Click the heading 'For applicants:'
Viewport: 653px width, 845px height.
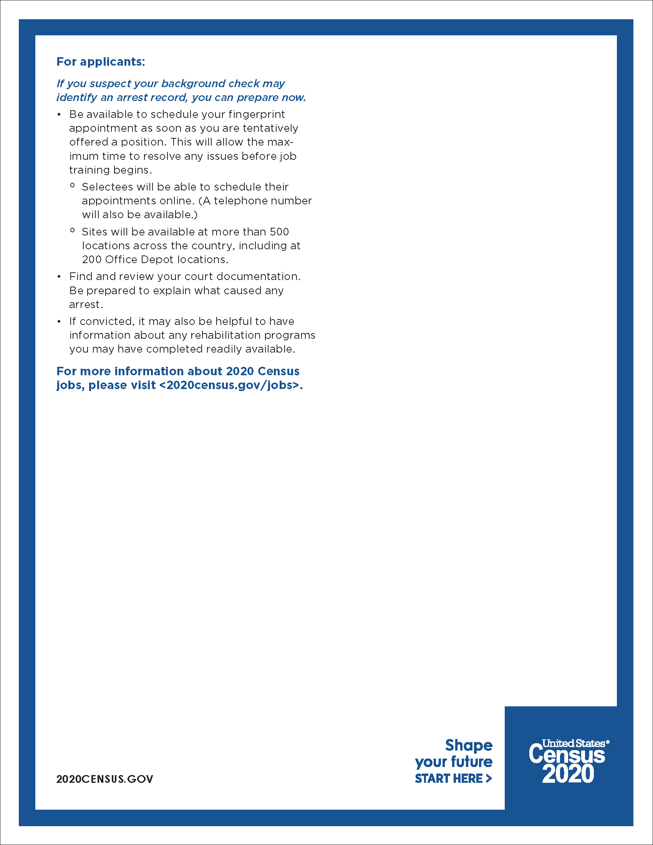click(x=101, y=62)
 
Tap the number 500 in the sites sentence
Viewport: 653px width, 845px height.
click(x=279, y=232)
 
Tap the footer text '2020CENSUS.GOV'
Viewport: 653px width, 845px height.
click(x=104, y=779)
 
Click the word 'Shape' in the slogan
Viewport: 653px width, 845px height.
click(x=469, y=745)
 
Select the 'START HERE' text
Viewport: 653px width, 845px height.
click(x=449, y=779)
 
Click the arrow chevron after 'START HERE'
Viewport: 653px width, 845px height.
click(x=489, y=779)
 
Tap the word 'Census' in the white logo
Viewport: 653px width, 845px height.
click(x=567, y=755)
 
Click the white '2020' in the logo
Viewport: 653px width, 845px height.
click(x=567, y=774)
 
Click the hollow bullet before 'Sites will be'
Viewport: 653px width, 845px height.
click(x=72, y=230)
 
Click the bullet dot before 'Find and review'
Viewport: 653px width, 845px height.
click(x=59, y=277)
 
